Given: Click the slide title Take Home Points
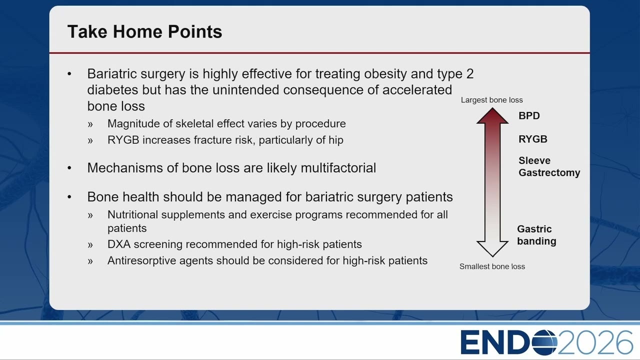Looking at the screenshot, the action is point(144,31).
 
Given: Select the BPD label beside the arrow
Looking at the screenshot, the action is point(529,115).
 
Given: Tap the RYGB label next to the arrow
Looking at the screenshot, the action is point(533,139).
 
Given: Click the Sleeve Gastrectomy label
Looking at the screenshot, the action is point(549,166).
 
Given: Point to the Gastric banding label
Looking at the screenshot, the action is point(536,235).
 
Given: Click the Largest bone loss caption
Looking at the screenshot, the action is point(491,100).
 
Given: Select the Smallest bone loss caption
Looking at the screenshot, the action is point(492,266).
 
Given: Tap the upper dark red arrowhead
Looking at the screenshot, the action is point(492,115).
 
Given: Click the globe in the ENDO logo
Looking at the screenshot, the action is point(544,342).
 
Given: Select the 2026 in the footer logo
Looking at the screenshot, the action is point(595,342).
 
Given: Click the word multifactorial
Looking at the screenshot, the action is point(338,167).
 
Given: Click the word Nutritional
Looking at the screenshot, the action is point(132,214).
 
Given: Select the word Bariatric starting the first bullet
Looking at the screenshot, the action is point(111,73).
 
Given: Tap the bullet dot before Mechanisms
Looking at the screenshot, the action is point(69,168).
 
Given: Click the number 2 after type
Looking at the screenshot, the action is point(470,73).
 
